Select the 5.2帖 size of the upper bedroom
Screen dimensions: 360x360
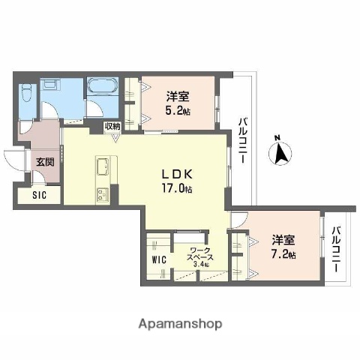point(177,109)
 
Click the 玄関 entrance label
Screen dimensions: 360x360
point(44,161)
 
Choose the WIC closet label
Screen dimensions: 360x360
point(158,259)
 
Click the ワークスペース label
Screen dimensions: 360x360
point(199,253)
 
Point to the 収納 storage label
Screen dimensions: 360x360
point(112,126)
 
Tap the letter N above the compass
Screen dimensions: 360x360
point(278,137)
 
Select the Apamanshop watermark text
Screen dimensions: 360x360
point(179,324)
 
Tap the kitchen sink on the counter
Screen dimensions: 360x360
point(103,166)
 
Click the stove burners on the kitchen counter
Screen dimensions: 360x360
point(102,194)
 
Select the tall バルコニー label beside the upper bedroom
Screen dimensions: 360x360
point(244,142)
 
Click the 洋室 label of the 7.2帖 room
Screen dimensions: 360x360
point(283,241)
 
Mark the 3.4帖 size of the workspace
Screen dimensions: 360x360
point(202,264)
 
